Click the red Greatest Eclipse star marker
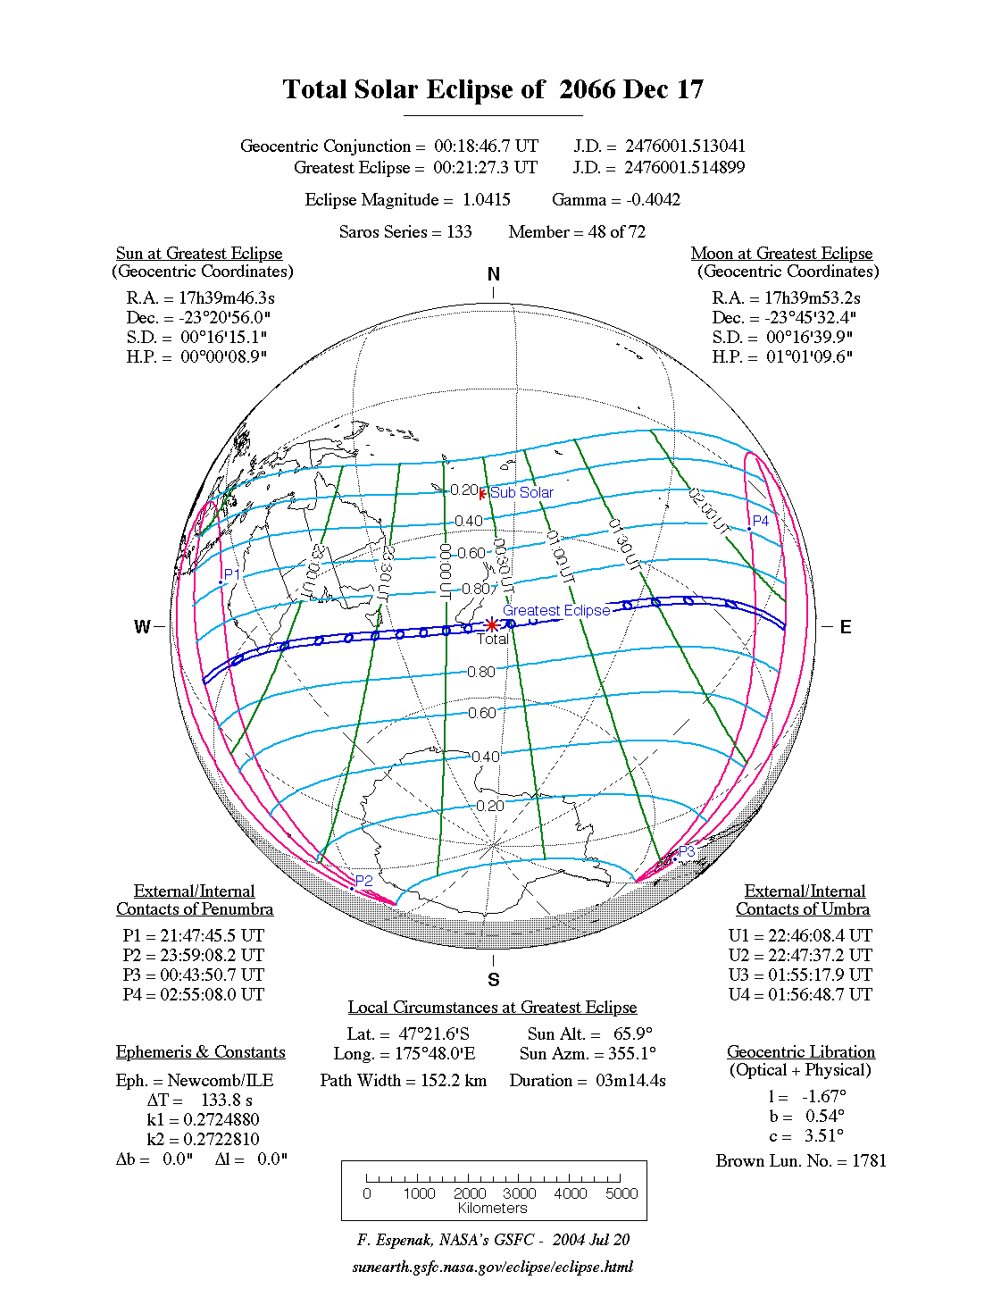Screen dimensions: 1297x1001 click(x=492, y=624)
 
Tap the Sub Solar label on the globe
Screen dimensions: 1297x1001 click(x=521, y=492)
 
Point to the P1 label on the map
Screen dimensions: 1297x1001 click(x=232, y=574)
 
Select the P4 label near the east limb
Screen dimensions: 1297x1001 click(x=761, y=521)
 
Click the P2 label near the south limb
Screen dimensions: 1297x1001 click(x=364, y=881)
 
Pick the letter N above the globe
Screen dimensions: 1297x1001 click(x=494, y=274)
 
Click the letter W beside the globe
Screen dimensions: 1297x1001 click(x=142, y=626)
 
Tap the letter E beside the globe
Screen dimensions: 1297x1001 click(x=846, y=626)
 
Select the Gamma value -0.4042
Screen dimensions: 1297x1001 click(x=653, y=200)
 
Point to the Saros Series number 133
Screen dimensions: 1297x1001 click(x=459, y=232)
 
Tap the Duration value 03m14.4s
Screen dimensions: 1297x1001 click(x=631, y=1081)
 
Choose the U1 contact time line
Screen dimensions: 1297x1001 click(x=800, y=936)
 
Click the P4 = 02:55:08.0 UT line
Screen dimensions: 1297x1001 click(x=194, y=995)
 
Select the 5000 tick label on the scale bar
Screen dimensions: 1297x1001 click(x=621, y=1193)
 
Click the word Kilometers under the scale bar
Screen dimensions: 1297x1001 click(x=493, y=1209)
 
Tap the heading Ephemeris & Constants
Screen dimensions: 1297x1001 click(x=201, y=1052)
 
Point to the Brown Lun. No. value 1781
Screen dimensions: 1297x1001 click(x=869, y=1161)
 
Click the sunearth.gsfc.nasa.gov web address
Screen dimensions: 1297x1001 click(x=493, y=1267)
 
